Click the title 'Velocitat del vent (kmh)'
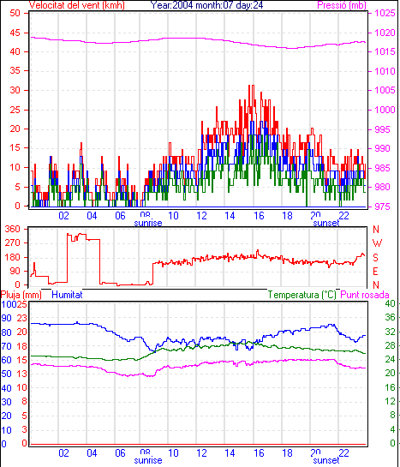point(77,5)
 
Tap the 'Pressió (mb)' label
point(342,5)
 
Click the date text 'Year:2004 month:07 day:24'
point(206,5)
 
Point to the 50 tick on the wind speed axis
point(15,13)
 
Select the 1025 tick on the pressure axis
point(385,13)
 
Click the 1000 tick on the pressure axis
point(385,110)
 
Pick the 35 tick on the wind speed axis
point(15,71)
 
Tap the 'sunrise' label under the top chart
point(148,223)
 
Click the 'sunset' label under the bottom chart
point(326,460)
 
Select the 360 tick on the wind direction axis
point(13,230)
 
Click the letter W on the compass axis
point(377,243)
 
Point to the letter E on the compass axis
point(376,272)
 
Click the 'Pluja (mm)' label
point(21,295)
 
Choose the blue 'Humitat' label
point(67,295)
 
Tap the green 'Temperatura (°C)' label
point(301,295)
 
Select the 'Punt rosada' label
point(365,295)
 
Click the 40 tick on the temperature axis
point(391,304)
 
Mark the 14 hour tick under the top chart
point(230,215)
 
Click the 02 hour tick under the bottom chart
point(63,453)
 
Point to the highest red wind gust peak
point(252,86)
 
